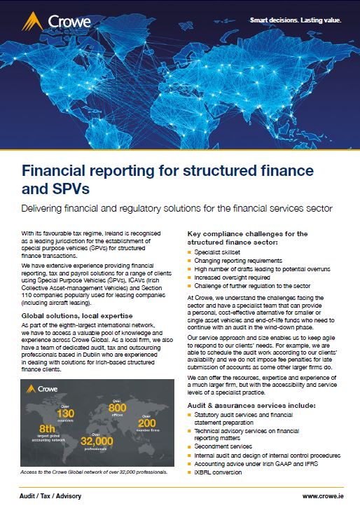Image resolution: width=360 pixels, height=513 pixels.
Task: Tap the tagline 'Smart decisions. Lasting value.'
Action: (x=296, y=20)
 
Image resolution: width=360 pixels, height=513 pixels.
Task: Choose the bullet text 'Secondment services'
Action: (x=222, y=446)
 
